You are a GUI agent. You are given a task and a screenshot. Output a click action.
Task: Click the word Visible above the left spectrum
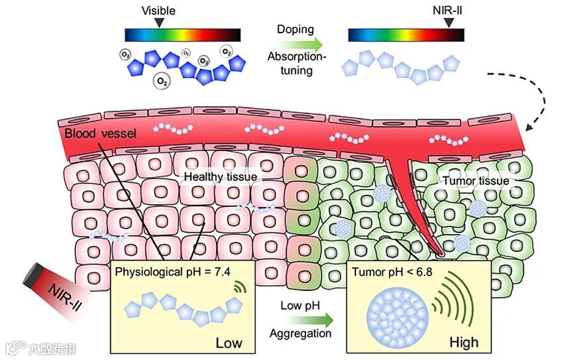[158, 11]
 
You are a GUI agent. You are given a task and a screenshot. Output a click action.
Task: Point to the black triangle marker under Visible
[158, 23]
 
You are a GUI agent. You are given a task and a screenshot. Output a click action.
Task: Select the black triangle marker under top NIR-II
[449, 23]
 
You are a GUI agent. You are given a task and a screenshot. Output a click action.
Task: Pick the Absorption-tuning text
[296, 64]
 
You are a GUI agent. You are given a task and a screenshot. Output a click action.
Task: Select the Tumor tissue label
[476, 180]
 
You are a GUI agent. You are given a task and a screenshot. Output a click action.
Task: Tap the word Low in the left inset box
[229, 343]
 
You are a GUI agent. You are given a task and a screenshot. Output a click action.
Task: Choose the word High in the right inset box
[463, 343]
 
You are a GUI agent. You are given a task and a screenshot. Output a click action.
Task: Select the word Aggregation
[300, 333]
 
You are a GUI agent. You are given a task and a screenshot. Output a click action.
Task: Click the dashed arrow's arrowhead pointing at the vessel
[529, 126]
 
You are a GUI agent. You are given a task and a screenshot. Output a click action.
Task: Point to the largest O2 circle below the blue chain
[161, 82]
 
